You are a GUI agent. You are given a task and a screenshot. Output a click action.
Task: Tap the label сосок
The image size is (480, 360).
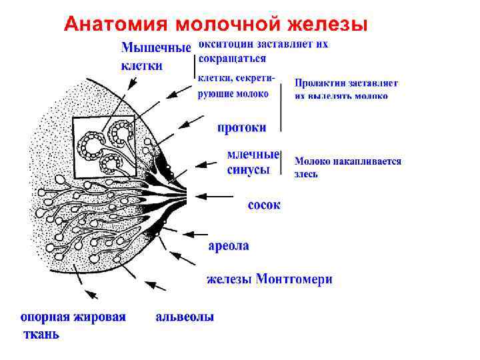pos(264,205)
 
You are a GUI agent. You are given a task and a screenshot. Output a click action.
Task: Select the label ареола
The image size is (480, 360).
pos(229,245)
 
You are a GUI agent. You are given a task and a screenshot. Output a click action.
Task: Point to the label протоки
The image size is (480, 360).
pos(241,127)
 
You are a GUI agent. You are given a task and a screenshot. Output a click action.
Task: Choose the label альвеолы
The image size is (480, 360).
pos(185,317)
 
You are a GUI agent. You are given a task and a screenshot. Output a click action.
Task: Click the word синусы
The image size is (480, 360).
pos(248,170)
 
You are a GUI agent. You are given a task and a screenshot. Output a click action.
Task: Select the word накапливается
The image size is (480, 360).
pos(363,161)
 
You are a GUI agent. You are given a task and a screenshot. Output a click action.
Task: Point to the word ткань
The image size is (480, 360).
pos(41,334)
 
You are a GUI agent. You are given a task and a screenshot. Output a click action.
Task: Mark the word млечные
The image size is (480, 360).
pos(253,154)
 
